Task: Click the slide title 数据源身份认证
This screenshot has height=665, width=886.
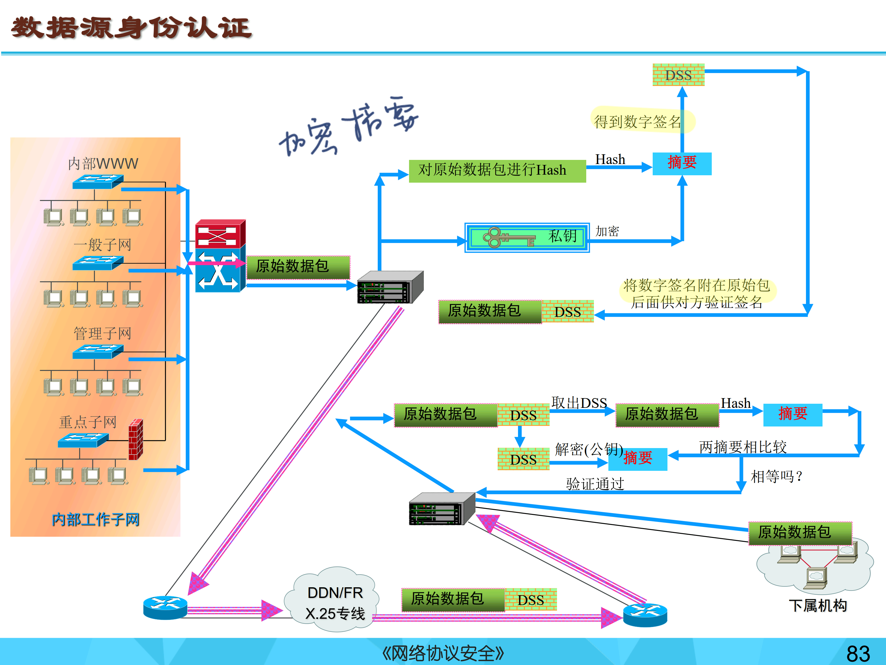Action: pos(131,28)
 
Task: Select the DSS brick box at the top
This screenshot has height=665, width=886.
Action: pos(678,75)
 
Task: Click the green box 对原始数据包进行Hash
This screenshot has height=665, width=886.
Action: pos(497,171)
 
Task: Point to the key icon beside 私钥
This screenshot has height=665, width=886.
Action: pos(508,237)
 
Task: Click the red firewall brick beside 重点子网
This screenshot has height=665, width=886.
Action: pos(136,439)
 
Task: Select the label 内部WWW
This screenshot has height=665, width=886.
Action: pos(103,163)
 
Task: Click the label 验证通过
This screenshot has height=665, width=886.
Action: pos(595,484)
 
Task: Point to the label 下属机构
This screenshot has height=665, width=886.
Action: pos(817,605)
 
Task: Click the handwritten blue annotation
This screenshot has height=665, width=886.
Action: pos(348,126)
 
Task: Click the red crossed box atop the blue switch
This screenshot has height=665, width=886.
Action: pos(220,234)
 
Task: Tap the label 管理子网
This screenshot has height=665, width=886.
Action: pos(102,333)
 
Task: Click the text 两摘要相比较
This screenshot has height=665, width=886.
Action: pos(742,447)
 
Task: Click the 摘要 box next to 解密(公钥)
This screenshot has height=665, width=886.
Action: pos(638,459)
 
